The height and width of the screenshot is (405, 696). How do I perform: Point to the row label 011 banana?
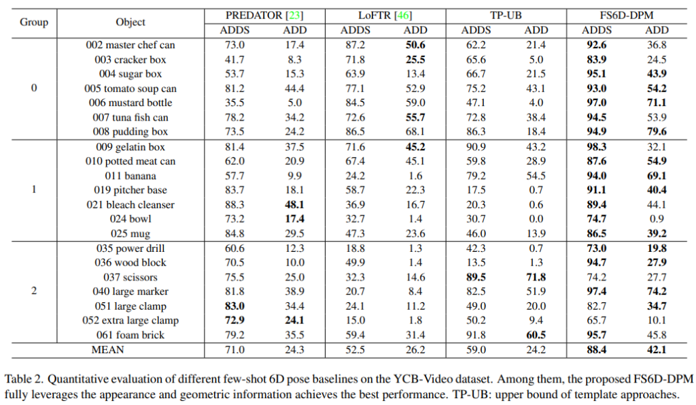[130, 176]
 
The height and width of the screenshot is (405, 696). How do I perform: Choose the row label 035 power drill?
[130, 248]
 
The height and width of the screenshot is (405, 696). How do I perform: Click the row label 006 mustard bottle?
[130, 103]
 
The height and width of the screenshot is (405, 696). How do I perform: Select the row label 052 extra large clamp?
[130, 321]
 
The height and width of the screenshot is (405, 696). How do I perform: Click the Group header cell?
[34, 22]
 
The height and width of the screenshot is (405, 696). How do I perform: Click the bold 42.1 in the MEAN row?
[657, 350]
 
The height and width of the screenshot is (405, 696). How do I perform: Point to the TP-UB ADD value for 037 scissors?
[536, 277]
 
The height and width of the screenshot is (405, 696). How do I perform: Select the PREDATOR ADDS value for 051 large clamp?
[235, 306]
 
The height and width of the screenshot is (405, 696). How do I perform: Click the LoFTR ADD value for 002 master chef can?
[415, 45]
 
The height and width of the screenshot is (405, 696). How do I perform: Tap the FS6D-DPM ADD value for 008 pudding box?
[657, 131]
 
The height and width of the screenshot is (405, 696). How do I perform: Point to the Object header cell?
[130, 22]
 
